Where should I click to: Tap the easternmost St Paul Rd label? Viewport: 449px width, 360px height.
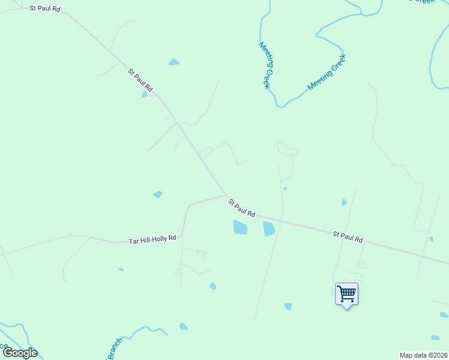(x=348, y=236)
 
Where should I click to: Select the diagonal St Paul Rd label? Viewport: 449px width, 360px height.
(x=140, y=80)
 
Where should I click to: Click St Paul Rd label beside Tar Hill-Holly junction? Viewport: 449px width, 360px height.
(x=242, y=209)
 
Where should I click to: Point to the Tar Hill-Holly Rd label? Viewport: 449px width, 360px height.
(x=152, y=239)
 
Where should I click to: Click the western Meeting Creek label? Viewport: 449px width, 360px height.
(x=265, y=65)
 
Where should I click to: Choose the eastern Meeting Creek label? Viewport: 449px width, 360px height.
(x=327, y=72)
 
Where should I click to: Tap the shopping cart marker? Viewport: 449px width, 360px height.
(x=346, y=294)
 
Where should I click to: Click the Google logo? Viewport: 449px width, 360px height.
(x=20, y=353)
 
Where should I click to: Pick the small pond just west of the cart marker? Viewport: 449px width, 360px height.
(x=288, y=306)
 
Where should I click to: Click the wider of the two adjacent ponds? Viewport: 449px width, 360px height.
(x=240, y=227)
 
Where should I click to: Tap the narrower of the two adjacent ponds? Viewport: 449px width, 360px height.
(x=269, y=228)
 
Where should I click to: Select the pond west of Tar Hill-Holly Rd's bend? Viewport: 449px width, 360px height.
(x=158, y=194)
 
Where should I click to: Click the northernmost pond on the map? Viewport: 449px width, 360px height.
(x=173, y=62)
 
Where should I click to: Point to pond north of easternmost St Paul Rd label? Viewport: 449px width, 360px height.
(x=344, y=202)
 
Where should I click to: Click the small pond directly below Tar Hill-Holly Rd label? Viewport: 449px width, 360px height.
(x=121, y=270)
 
